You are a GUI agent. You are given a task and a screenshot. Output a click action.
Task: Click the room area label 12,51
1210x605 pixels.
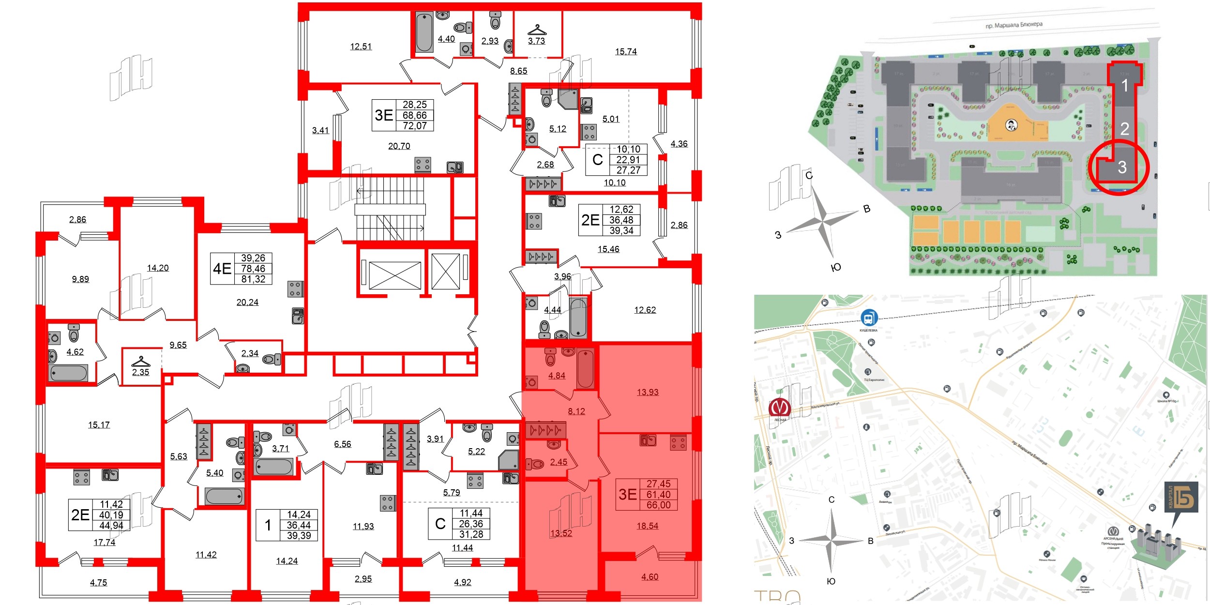coord(361,46)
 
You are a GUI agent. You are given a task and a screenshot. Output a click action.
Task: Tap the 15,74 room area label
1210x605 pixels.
coord(626,51)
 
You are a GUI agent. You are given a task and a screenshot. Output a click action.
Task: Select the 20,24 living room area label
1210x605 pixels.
coord(247,302)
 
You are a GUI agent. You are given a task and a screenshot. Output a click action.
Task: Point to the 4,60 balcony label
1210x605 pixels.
coord(650,576)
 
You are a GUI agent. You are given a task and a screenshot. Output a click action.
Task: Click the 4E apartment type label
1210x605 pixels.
coord(222,268)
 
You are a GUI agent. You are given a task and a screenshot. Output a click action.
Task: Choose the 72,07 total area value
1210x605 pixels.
coord(415,126)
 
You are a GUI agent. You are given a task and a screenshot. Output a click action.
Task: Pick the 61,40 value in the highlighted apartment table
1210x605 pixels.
coord(658,494)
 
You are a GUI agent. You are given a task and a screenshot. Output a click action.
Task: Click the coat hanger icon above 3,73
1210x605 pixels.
coord(537,30)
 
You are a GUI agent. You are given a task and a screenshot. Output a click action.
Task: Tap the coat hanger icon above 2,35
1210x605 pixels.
coord(141,361)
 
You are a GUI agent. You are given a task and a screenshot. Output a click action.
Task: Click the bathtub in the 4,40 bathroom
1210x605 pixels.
coord(424,32)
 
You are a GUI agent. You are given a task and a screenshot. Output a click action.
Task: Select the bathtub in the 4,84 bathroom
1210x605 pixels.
coord(585,369)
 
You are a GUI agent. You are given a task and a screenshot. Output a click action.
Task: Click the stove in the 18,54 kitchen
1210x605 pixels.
coord(678,442)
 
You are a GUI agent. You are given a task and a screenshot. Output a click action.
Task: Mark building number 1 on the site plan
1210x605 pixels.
coord(1124,86)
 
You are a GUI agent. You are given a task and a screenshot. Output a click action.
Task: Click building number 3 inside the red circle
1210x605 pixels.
coord(1122,167)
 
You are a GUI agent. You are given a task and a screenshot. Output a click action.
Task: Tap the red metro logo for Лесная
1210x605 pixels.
coord(779,407)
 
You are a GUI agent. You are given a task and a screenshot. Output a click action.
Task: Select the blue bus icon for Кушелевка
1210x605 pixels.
coord(868,318)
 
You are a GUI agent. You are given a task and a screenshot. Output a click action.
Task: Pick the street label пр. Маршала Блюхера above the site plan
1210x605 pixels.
coord(1014,24)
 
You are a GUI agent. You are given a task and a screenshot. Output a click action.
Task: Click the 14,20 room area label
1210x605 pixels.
coord(158,268)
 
